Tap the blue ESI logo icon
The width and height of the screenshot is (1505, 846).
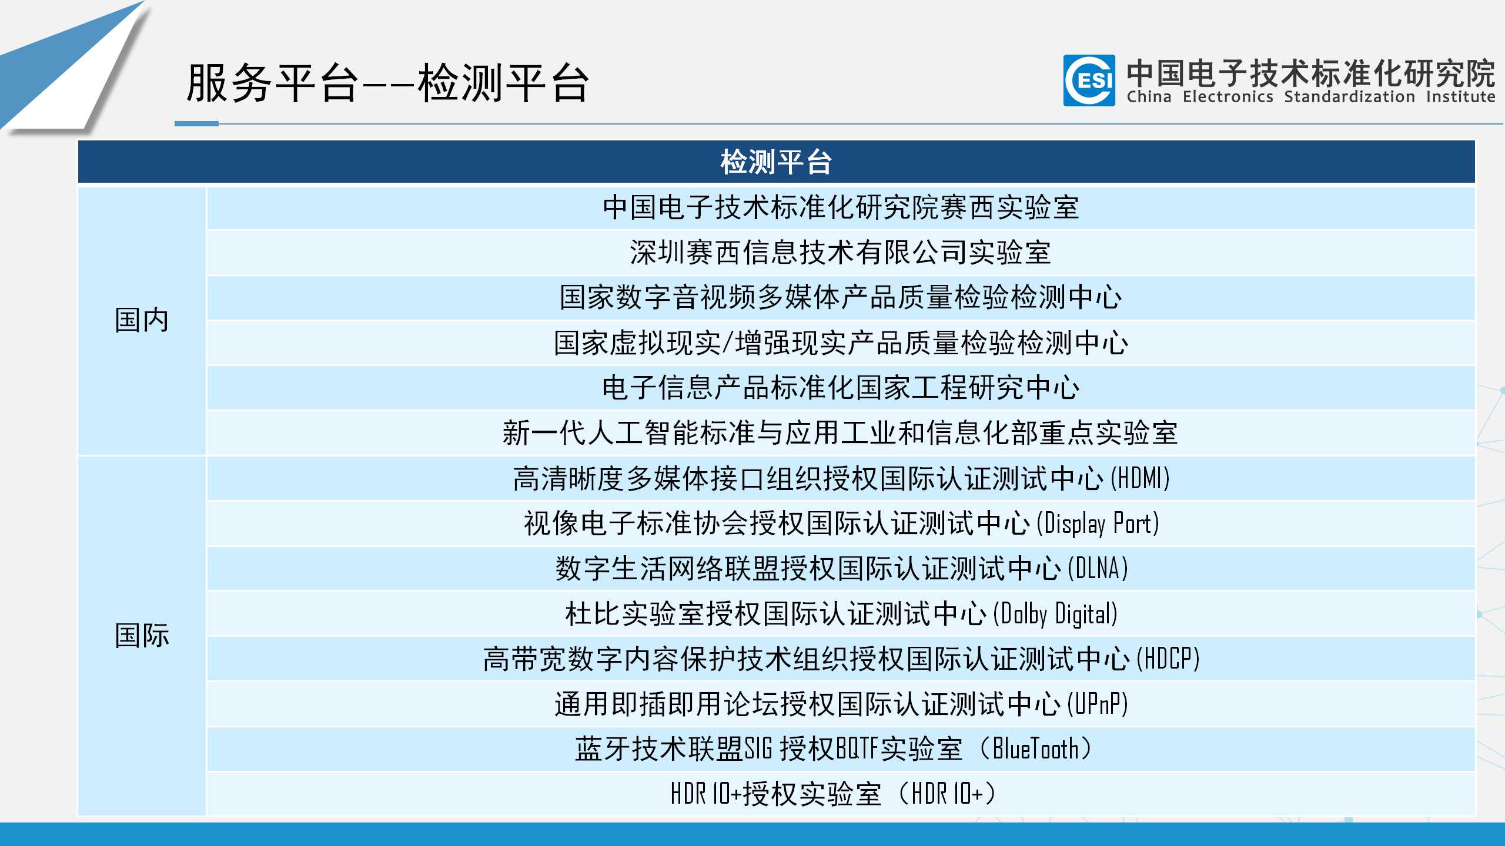(x=1089, y=80)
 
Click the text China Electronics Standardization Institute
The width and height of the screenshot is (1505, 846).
(x=1310, y=97)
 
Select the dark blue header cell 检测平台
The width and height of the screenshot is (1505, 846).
(x=776, y=162)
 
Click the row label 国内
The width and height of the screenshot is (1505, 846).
(x=142, y=320)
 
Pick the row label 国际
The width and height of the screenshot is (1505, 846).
(x=142, y=636)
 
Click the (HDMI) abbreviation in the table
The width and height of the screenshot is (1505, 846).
(x=1140, y=478)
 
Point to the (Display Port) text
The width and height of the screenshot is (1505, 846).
(x=1098, y=523)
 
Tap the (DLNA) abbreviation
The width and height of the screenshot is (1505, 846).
(x=1098, y=569)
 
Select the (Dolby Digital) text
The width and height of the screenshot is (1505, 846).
(x=1055, y=614)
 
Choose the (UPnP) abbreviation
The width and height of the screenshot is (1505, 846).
(x=1098, y=704)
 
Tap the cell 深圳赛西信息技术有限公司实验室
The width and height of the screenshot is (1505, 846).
(x=841, y=253)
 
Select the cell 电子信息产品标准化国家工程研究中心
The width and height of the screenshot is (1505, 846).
(x=841, y=388)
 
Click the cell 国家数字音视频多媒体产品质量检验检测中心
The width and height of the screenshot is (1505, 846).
(x=841, y=297)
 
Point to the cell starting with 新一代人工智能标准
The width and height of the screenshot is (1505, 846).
(x=841, y=433)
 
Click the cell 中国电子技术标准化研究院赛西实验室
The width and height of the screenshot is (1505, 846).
(x=841, y=207)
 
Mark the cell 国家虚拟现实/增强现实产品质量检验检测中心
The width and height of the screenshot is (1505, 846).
(x=841, y=343)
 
